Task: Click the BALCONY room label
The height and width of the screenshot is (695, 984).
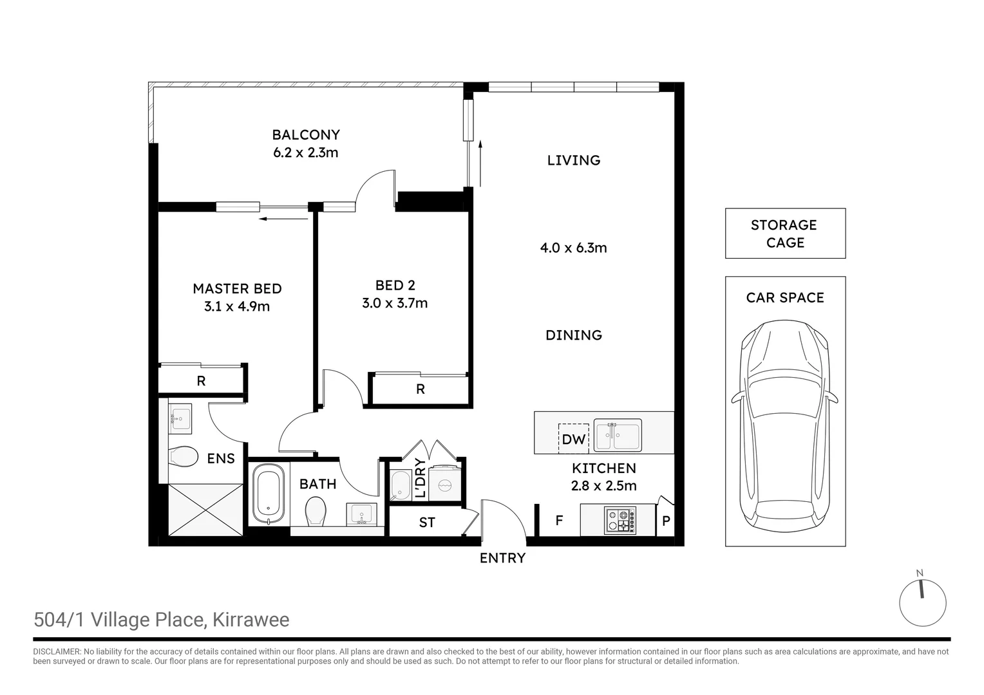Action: [306, 135]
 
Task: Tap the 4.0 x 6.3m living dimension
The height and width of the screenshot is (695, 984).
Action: [573, 248]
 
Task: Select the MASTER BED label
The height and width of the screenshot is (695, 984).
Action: [237, 289]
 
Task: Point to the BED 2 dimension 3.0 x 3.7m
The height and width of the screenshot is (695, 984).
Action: [394, 303]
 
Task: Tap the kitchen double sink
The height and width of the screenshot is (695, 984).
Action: [617, 436]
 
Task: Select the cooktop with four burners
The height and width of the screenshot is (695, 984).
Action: [620, 521]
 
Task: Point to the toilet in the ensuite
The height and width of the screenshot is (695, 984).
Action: [182, 457]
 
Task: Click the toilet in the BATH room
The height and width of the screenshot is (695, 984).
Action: [316, 512]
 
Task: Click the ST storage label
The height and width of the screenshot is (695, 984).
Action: [427, 523]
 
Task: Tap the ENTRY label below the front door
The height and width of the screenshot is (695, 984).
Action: [502, 559]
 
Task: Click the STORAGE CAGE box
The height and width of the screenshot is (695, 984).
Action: [784, 234]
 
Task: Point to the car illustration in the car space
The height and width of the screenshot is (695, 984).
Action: [784, 425]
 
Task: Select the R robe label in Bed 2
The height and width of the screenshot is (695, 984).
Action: [420, 389]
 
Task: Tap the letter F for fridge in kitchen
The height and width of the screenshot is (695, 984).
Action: [559, 520]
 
